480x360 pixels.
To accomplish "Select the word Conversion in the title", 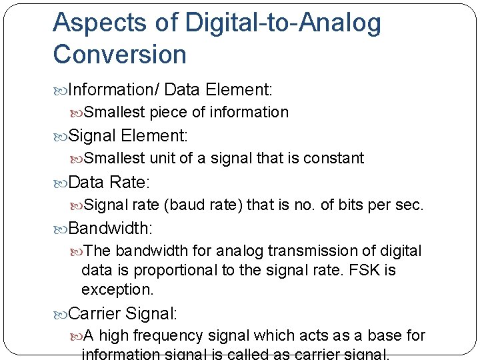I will (120, 55).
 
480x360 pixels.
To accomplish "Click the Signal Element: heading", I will (128, 136).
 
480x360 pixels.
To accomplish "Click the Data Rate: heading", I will (111, 182).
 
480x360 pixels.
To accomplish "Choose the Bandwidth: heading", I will (111, 228).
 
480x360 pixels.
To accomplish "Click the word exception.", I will (117, 289).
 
